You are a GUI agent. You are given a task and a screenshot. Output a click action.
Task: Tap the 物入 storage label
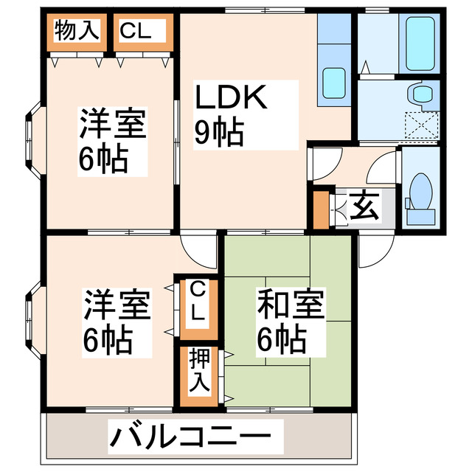76,30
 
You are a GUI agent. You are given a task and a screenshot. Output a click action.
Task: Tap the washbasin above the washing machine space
423,93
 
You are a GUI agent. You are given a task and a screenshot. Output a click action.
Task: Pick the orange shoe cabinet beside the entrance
320,209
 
